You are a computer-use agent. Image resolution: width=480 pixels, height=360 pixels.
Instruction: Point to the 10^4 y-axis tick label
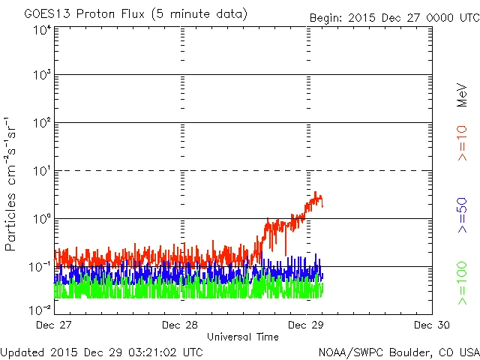[x=42, y=30]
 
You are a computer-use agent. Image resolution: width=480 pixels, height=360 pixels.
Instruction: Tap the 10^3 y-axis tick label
[x=42, y=76]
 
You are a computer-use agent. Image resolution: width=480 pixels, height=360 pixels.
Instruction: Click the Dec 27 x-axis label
[x=55, y=325]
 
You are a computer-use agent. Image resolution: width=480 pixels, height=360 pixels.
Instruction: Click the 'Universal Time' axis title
[x=243, y=337]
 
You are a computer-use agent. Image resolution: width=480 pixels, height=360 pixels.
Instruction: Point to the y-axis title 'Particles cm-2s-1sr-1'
[x=13, y=183]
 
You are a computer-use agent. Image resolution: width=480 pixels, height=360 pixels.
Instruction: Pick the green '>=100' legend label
[x=463, y=283]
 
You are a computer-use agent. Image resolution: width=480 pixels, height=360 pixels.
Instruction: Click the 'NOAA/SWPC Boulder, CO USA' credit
[x=398, y=351]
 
